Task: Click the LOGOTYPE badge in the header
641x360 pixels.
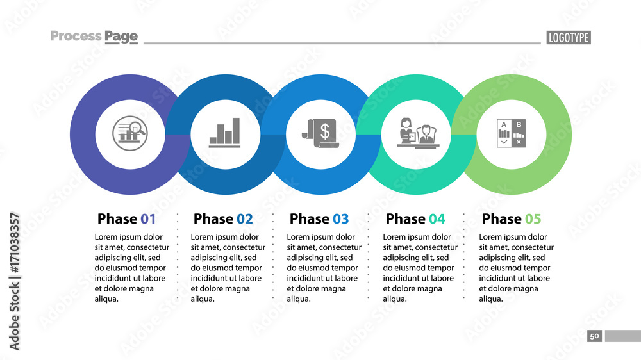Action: pos(568,38)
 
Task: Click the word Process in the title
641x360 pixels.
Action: pos(76,36)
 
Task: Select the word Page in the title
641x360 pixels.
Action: pos(121,37)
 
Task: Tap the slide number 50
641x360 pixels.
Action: pos(594,336)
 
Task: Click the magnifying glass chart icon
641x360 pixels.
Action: pos(130,133)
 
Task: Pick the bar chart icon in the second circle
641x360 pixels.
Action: pos(225,133)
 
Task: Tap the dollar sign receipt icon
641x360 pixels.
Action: pos(320,133)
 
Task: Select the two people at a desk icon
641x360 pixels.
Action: pos(418,133)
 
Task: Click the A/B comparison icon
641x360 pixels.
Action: pos(512,133)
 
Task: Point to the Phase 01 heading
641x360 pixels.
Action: pos(126,219)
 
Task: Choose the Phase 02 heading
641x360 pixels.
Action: pos(223,219)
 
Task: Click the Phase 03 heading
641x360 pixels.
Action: pos(319,219)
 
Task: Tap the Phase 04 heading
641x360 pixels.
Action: pos(415,219)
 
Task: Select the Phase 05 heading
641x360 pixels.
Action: pos(512,219)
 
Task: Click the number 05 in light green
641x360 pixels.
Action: pos(533,219)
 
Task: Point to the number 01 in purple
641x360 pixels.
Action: pos(148,219)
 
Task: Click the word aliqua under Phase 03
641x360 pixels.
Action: pos(299,299)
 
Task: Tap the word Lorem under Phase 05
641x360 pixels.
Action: pos(490,237)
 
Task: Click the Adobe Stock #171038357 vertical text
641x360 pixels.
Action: pos(14,281)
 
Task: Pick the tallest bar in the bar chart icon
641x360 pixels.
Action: pos(237,131)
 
